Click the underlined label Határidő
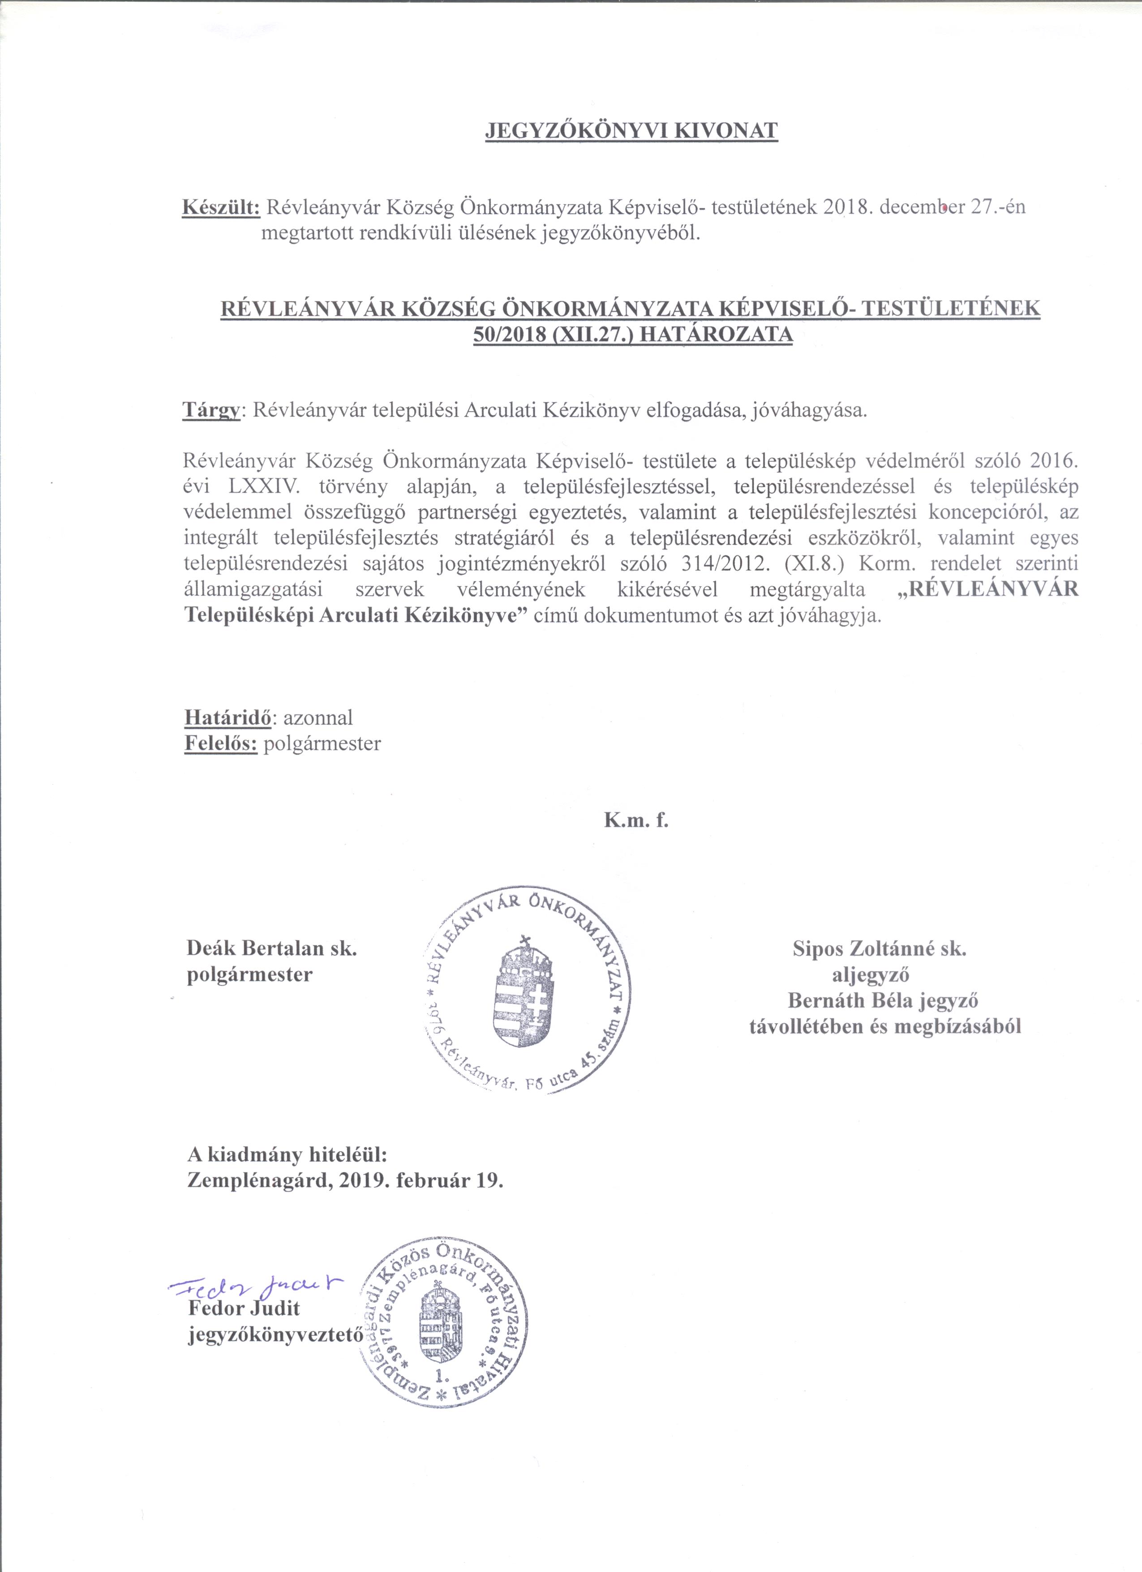tap(228, 717)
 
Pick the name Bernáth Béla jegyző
tap(882, 1000)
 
